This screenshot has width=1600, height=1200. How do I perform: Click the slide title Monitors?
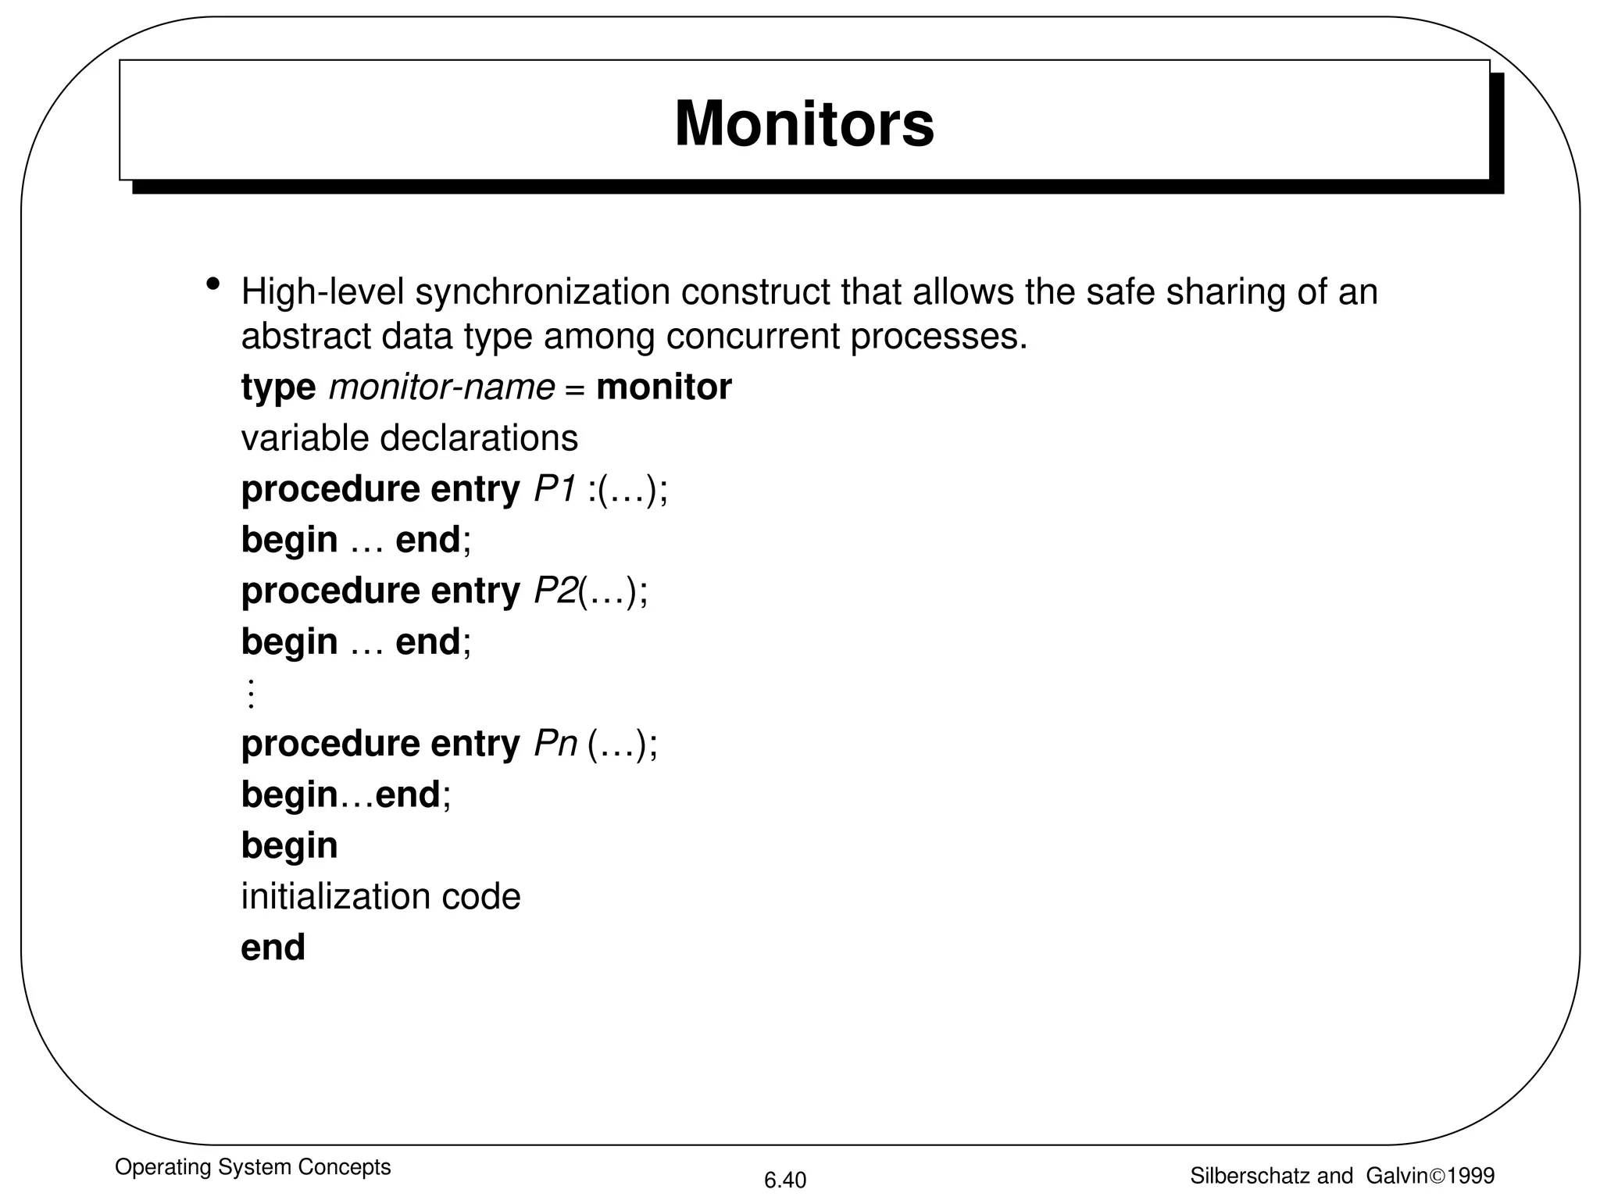coord(804,123)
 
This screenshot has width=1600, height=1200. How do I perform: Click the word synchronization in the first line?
coord(542,292)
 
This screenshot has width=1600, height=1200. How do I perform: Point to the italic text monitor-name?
coord(441,387)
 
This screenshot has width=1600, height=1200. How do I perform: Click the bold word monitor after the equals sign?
coord(663,387)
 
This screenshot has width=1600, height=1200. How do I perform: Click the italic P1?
coord(555,489)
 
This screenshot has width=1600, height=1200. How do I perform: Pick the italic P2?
coord(555,591)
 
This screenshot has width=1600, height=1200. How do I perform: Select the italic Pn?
coord(555,743)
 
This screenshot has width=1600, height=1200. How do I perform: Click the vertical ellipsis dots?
coord(251,693)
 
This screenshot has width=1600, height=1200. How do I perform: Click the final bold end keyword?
coord(273,947)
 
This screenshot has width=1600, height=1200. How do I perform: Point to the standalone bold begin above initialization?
coord(289,845)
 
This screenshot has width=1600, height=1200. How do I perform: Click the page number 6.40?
coord(784,1180)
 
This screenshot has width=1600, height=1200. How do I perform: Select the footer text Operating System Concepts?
coord(252,1167)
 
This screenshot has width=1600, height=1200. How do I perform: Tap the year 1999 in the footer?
coord(1470,1176)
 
